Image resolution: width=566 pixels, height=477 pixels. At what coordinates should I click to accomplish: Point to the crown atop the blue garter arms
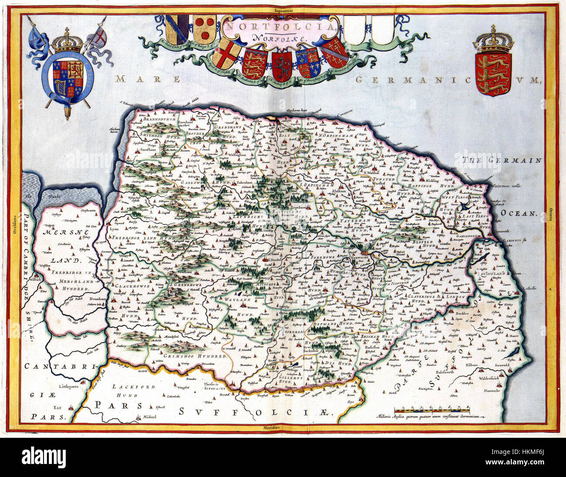click(x=67, y=42)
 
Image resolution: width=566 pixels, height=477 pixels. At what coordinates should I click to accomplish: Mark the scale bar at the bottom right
click(x=431, y=409)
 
